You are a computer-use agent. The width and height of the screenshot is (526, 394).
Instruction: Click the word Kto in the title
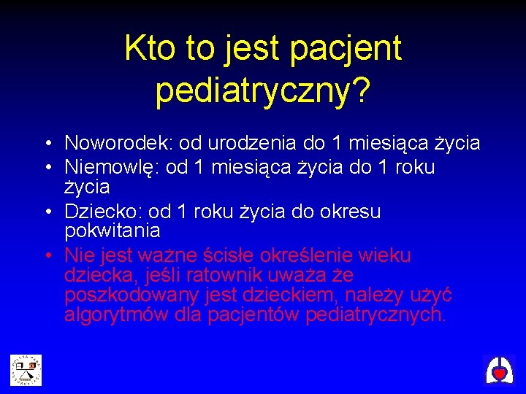click(x=148, y=49)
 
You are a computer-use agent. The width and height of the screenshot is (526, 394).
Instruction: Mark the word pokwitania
click(x=113, y=231)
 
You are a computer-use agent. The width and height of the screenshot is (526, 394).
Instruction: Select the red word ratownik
click(x=228, y=276)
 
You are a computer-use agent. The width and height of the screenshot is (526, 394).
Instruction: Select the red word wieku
click(x=386, y=256)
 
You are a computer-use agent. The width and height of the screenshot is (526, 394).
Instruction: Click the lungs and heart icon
click(x=499, y=370)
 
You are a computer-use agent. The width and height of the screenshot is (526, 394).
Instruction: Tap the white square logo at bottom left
click(x=26, y=370)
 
